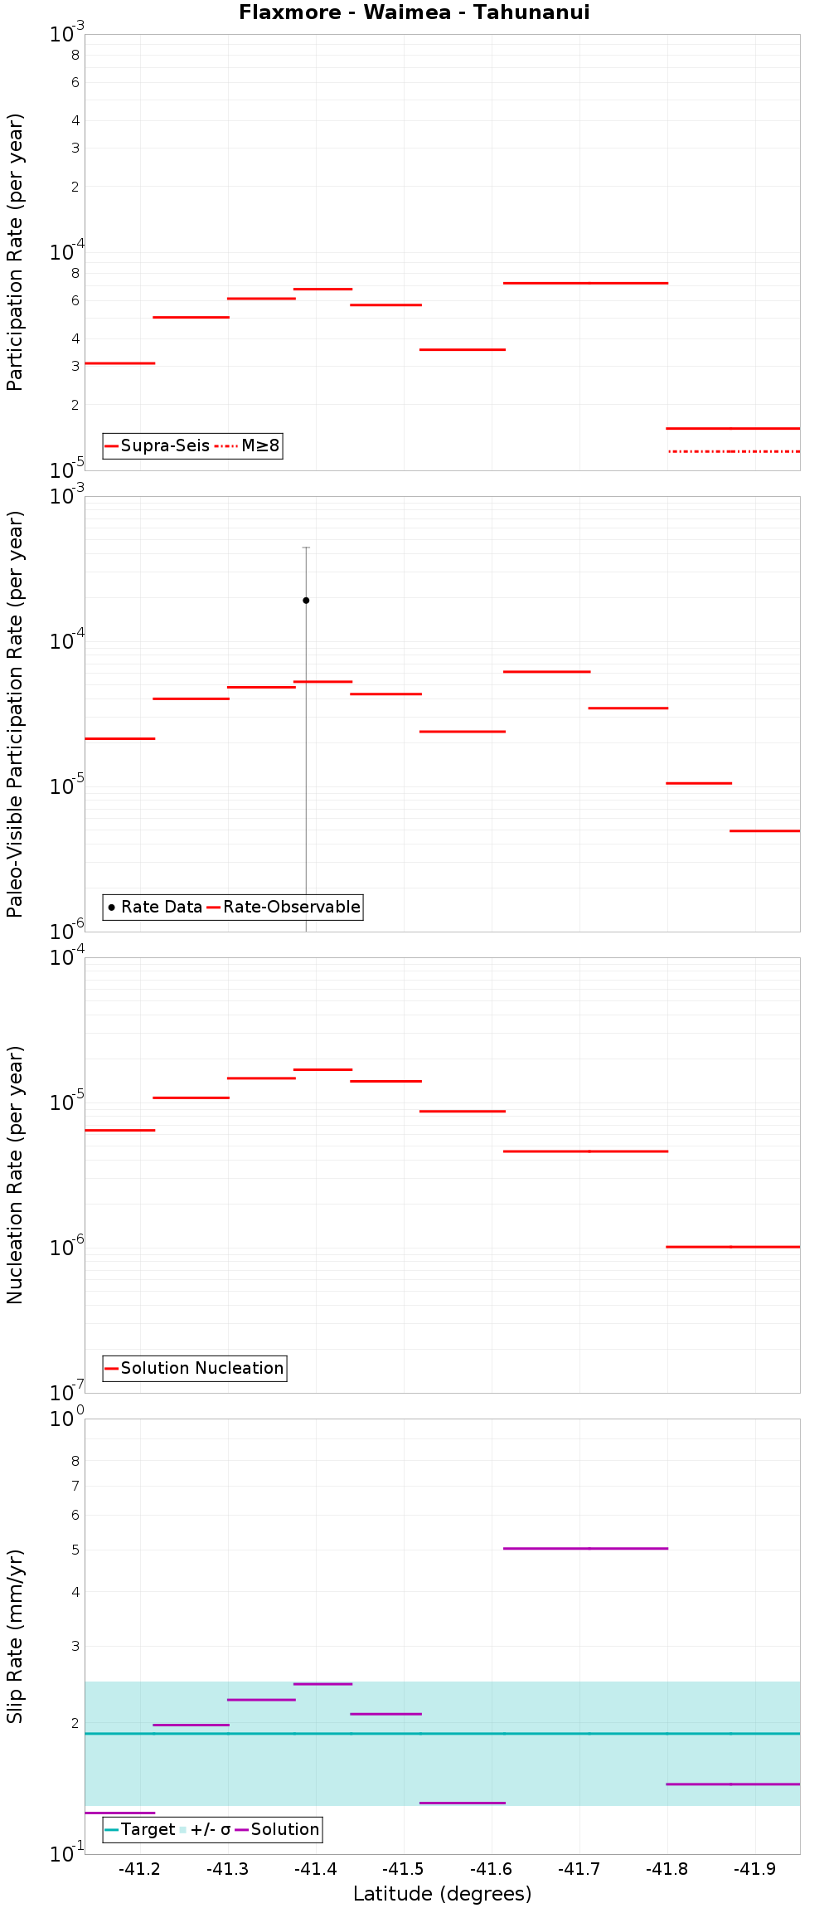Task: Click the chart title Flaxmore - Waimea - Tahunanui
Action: click(414, 12)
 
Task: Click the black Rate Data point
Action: click(306, 600)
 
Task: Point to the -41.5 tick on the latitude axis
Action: click(404, 1869)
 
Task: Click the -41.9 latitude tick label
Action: click(755, 1869)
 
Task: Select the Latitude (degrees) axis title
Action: click(442, 1894)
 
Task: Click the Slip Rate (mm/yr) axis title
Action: click(15, 1636)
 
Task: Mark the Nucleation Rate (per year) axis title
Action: click(15, 1175)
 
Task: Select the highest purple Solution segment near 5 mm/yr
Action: click(585, 1548)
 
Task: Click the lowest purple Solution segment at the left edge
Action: click(119, 1813)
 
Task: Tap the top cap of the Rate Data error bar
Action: click(306, 548)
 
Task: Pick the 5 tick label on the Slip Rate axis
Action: click(75, 1549)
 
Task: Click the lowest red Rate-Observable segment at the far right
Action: click(764, 830)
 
